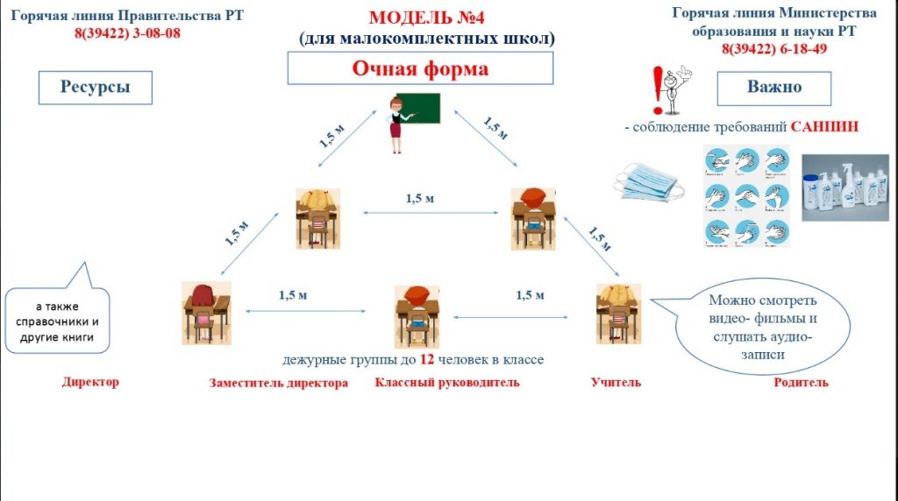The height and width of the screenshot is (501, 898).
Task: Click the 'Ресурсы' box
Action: (96, 87)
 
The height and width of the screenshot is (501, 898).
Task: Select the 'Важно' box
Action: (774, 87)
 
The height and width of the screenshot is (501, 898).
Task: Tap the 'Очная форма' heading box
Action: (420, 68)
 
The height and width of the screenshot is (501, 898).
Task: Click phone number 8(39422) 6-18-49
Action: (773, 49)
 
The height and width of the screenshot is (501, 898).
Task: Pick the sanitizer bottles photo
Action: (847, 188)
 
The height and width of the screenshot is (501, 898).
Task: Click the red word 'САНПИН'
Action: (823, 127)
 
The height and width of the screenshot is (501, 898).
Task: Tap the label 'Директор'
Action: (90, 382)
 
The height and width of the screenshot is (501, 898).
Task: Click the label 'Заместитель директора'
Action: (278, 383)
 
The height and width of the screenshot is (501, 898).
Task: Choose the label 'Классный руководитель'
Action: (446, 382)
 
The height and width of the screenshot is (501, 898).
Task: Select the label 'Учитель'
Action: (616, 382)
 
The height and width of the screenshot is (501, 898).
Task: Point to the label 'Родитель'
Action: (801, 382)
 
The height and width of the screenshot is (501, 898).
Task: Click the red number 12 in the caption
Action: (426, 359)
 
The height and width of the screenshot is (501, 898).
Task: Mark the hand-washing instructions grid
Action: (748, 196)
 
